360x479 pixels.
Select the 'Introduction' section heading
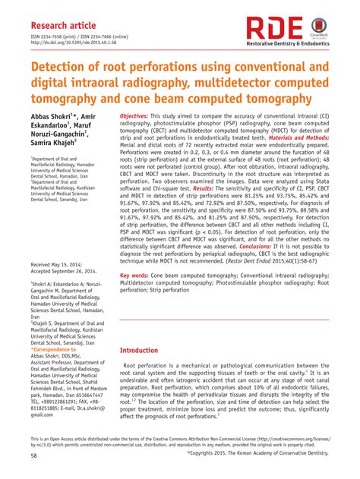click(148, 351)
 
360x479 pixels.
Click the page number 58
click(34, 456)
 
